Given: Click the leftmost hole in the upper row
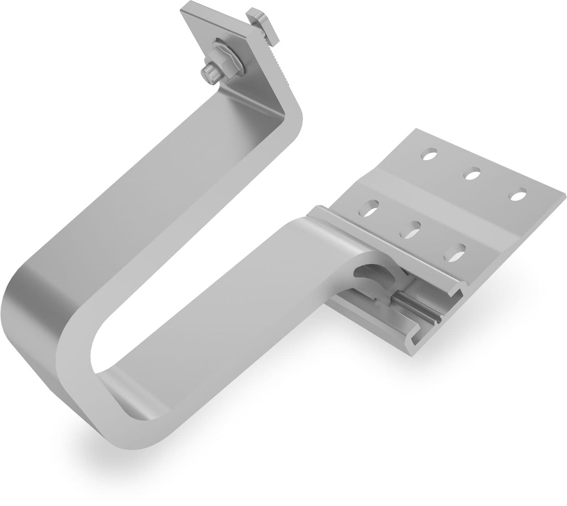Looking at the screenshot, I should click(x=430, y=153).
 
